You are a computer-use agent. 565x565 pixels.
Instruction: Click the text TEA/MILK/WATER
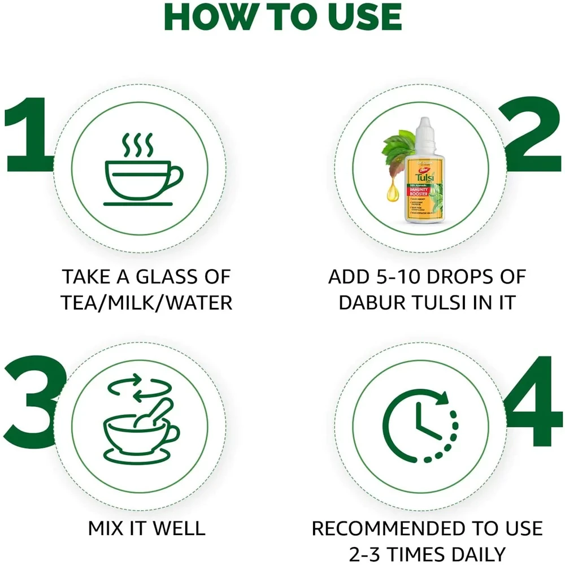(x=147, y=303)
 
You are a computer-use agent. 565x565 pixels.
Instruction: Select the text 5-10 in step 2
(x=403, y=277)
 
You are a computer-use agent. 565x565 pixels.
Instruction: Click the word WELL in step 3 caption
(x=177, y=529)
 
